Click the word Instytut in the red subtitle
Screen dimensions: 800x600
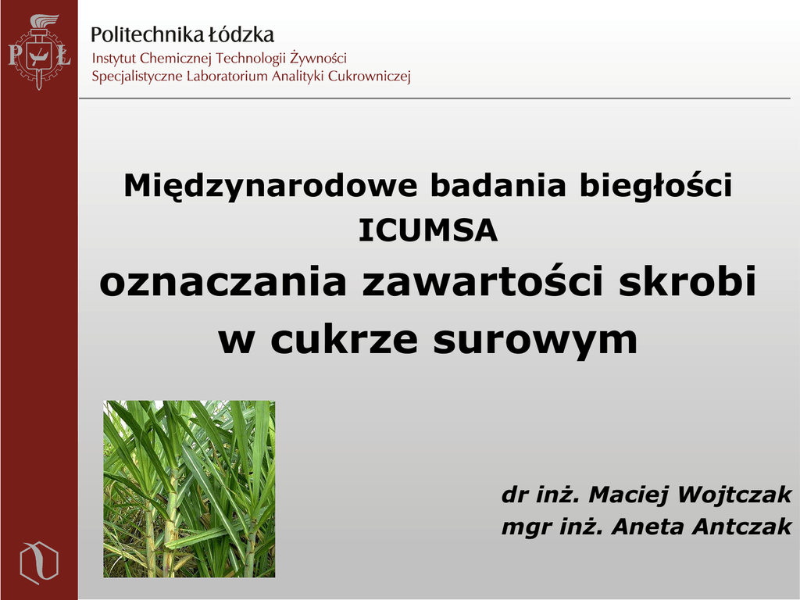114,58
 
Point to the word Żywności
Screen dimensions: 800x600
319,58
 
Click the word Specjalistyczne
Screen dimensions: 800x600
137,77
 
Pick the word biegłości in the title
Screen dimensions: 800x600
655,186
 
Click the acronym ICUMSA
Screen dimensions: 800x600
427,230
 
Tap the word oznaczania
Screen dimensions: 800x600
223,282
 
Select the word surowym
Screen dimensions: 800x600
536,341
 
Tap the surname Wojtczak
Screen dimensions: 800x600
734,495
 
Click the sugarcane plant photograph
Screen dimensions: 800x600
189,489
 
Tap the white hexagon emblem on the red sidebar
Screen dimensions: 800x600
39,562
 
